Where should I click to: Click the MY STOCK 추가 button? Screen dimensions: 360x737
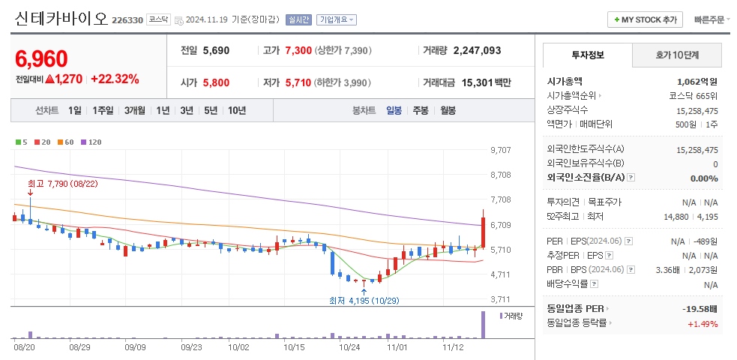[x=645, y=19]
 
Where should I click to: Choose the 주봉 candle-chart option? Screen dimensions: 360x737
[x=420, y=110]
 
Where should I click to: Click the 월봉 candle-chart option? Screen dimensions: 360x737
[x=448, y=110]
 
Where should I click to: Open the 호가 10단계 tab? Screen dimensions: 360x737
[x=677, y=55]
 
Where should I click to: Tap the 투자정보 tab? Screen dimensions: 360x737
[x=587, y=55]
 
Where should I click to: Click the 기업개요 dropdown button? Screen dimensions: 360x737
[x=337, y=20]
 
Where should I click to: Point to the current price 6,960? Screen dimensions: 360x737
[x=41, y=59]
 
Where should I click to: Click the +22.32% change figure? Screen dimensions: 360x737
[x=115, y=79]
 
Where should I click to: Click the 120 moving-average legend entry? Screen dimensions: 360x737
[x=91, y=142]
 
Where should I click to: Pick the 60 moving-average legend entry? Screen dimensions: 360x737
[x=66, y=142]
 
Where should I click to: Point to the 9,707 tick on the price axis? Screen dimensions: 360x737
[x=500, y=150]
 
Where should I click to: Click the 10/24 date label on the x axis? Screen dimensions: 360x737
[x=349, y=347]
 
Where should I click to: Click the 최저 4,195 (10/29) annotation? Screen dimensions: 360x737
[x=364, y=301]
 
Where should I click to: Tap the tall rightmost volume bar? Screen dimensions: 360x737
[x=483, y=324]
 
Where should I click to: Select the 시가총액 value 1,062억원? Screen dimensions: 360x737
[x=697, y=81]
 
